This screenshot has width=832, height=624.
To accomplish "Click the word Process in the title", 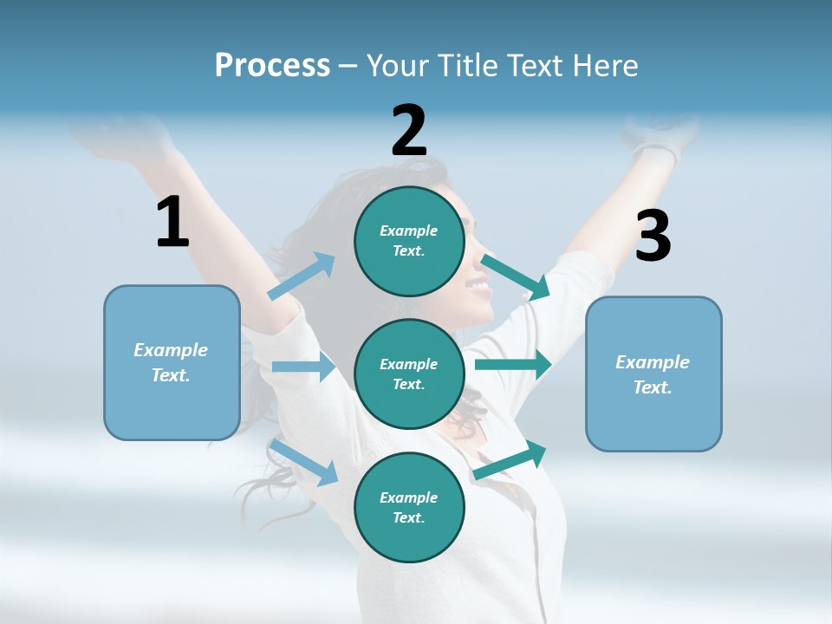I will point(272,66).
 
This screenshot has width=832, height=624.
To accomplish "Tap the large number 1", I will point(172,223).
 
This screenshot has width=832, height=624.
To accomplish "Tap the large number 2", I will point(409,131).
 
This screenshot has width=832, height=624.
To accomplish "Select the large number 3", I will point(653,237).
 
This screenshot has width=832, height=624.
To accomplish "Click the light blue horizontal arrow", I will point(303,367).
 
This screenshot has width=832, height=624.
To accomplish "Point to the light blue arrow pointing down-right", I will point(304,462).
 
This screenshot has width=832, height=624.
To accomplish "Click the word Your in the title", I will point(398,66).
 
